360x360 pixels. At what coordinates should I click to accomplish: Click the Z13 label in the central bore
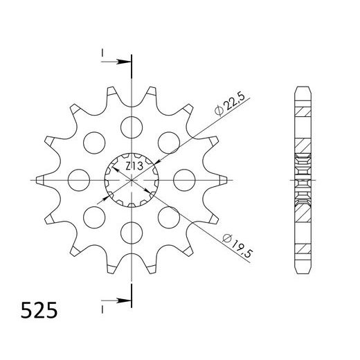click(x=134, y=166)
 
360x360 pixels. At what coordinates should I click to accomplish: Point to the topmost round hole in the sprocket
click(x=130, y=126)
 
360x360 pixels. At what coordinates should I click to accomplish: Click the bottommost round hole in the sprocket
click(x=130, y=231)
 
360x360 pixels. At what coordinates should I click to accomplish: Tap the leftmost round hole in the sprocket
click(x=78, y=179)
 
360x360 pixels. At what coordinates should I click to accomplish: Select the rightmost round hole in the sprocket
click(x=183, y=179)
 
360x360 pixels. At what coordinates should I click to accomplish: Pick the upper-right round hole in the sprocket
click(x=168, y=141)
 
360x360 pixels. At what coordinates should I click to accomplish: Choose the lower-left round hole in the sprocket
click(x=93, y=216)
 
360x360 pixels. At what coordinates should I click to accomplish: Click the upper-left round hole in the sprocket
click(x=93, y=141)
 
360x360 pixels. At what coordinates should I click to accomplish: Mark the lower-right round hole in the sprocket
click(x=168, y=216)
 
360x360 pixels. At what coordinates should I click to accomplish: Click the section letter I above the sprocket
click(x=102, y=52)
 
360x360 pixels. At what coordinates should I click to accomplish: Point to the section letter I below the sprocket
click(x=102, y=303)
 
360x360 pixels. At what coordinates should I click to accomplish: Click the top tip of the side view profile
click(x=302, y=87)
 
